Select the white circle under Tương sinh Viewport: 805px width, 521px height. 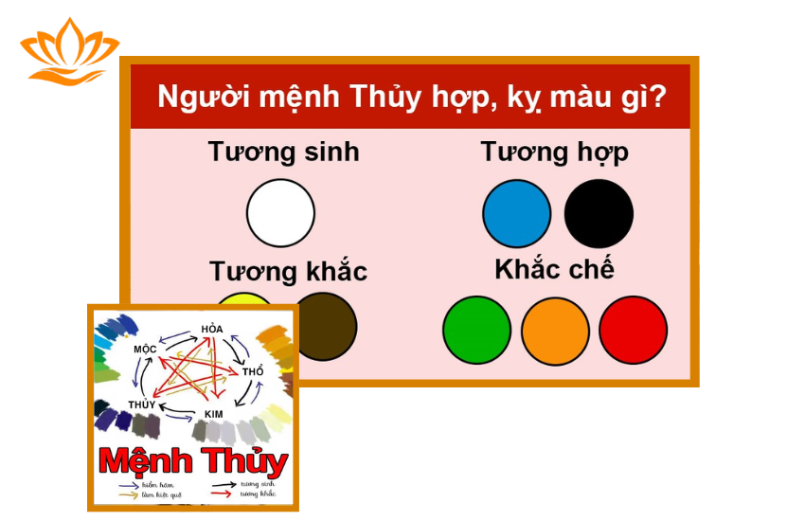[x=280, y=213]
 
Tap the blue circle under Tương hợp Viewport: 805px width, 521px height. [x=516, y=213]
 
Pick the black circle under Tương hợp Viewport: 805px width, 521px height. [x=599, y=213]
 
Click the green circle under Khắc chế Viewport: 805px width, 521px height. [x=476, y=330]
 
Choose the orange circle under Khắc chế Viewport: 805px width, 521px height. [x=555, y=330]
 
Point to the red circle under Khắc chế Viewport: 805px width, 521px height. [x=633, y=330]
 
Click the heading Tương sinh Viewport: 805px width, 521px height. [x=284, y=152]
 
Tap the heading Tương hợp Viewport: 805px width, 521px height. [x=554, y=152]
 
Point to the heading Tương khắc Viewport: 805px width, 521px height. [x=288, y=272]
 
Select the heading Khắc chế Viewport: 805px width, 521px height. [x=554, y=269]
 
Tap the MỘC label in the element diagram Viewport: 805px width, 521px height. [x=144, y=350]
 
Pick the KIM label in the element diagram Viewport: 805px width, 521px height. [x=213, y=415]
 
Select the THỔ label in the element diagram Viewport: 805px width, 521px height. [x=253, y=372]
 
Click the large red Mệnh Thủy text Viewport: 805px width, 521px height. [x=193, y=461]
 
